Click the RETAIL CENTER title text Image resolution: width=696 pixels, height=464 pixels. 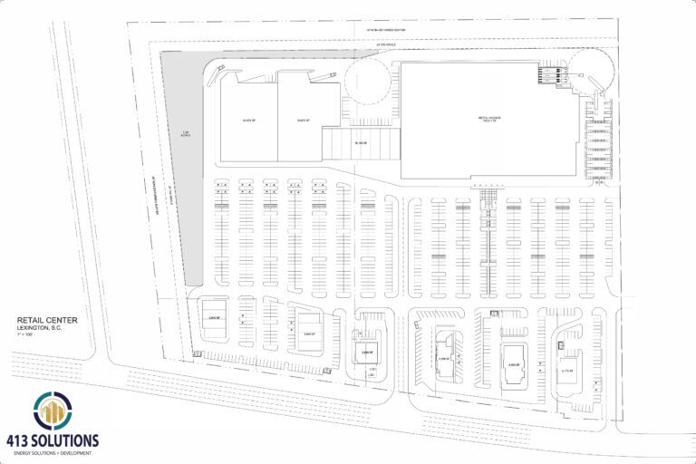(x=47, y=320)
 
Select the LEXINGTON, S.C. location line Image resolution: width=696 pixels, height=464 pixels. (x=43, y=327)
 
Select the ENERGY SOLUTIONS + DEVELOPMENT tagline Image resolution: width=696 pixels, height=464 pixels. (x=56, y=452)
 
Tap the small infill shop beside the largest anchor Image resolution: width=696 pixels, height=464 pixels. (x=361, y=143)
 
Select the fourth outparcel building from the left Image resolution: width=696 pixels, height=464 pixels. (x=445, y=349)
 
